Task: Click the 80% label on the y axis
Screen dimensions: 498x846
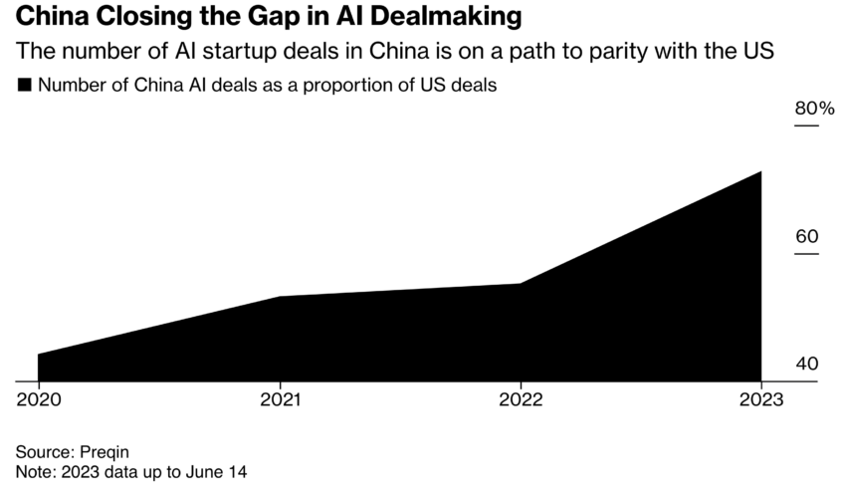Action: (812, 109)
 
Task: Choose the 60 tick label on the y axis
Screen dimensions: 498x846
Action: (806, 236)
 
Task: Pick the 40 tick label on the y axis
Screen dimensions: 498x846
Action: (806, 364)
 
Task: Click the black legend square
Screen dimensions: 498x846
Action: (25, 86)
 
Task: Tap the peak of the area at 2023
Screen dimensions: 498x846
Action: (761, 171)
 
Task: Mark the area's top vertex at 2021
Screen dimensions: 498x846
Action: (280, 297)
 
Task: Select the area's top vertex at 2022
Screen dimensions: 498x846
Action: (520, 284)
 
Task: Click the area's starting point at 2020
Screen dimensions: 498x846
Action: (38, 355)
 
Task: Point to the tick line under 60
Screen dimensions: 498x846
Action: (805, 253)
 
